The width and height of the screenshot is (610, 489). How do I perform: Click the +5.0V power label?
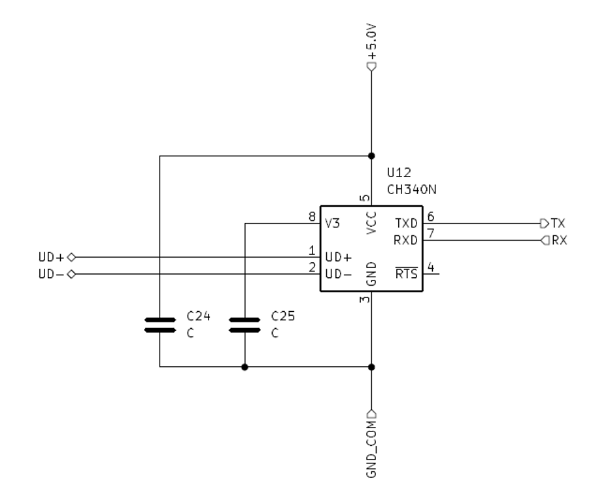371,42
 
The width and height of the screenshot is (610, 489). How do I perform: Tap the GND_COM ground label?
371,448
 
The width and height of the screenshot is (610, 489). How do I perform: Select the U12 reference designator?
399,173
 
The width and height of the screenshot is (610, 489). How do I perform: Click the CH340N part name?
412,190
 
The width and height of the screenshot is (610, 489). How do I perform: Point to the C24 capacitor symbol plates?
160,325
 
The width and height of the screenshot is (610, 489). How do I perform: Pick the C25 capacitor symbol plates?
245,325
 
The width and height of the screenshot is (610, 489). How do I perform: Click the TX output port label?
558,224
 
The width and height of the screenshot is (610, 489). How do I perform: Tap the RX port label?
560,241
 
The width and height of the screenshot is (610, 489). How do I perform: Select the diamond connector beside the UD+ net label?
71,257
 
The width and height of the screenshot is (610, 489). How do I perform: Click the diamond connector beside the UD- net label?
71,275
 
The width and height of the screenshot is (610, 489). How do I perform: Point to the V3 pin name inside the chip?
332,224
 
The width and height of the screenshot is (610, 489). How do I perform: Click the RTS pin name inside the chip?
407,273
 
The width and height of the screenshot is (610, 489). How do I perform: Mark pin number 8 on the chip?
312,216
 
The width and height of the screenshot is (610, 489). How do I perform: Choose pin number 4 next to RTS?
431,267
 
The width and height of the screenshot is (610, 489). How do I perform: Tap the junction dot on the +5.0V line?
371,156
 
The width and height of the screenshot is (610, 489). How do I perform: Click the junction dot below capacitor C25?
245,367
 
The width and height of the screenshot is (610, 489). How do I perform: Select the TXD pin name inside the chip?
407,224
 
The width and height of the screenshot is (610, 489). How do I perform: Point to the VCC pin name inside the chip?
371,222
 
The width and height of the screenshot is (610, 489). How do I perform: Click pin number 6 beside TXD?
431,216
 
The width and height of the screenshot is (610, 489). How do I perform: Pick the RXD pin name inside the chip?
406,241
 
